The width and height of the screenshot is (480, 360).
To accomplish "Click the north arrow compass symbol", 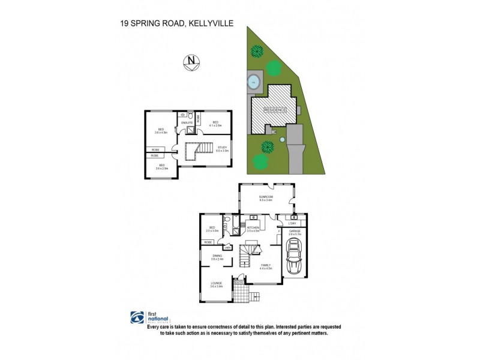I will coord(191,61).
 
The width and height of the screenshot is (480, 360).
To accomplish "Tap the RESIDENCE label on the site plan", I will coord(273,111).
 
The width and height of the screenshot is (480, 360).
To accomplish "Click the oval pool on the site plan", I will coord(254,80).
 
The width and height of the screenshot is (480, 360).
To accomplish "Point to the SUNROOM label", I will coord(266,197).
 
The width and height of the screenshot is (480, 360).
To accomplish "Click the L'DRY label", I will coord(293,223).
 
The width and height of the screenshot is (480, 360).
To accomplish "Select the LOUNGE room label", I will coord(217,283).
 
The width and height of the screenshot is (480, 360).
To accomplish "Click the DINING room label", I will coord(217,256).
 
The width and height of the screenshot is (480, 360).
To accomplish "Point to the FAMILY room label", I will coord(266,265).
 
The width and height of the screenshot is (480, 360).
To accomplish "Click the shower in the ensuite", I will coord(190,128).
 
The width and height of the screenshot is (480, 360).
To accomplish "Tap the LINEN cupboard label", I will coord(227,247).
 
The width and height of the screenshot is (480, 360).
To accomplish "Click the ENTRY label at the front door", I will coord(238,283).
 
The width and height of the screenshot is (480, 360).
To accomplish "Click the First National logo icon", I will coord(137,317).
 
